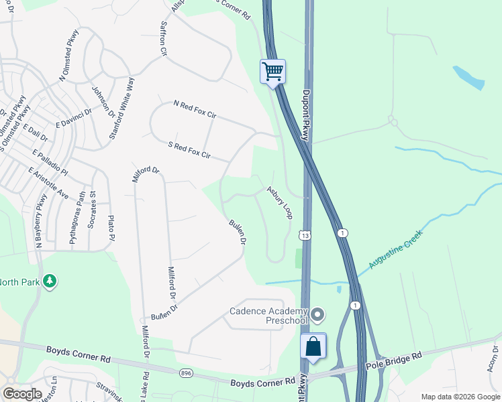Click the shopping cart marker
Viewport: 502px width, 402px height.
click(272, 72)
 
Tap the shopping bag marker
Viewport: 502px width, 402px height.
click(313, 346)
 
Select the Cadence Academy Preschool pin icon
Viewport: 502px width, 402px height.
click(318, 314)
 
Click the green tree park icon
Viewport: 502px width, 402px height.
click(49, 281)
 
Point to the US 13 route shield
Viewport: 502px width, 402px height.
click(305, 235)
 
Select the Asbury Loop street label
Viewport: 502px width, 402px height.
click(280, 202)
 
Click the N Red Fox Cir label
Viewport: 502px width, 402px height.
click(195, 110)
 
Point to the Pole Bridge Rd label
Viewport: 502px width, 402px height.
click(393, 362)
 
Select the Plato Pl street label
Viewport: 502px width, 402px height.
click(111, 228)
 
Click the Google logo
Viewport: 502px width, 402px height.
click(22, 394)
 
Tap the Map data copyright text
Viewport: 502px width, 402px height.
click(460, 397)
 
